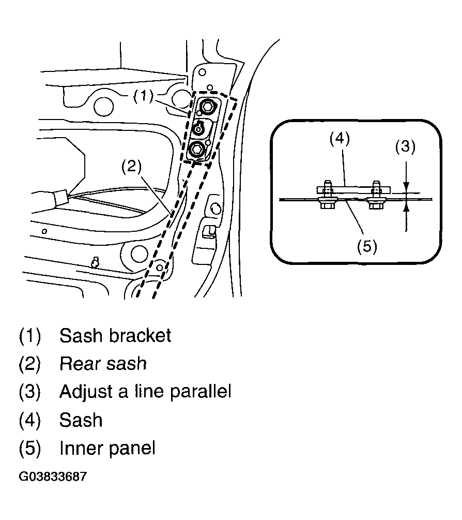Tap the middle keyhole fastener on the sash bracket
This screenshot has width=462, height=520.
pyautogui.click(x=199, y=128)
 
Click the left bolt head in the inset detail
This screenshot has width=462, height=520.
pyautogui.click(x=326, y=205)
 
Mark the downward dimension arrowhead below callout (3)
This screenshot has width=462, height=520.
pyautogui.click(x=406, y=188)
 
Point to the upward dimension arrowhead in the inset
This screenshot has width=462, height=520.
pyautogui.click(x=406, y=206)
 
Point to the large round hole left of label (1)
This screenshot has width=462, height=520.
pyautogui.click(x=103, y=105)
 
